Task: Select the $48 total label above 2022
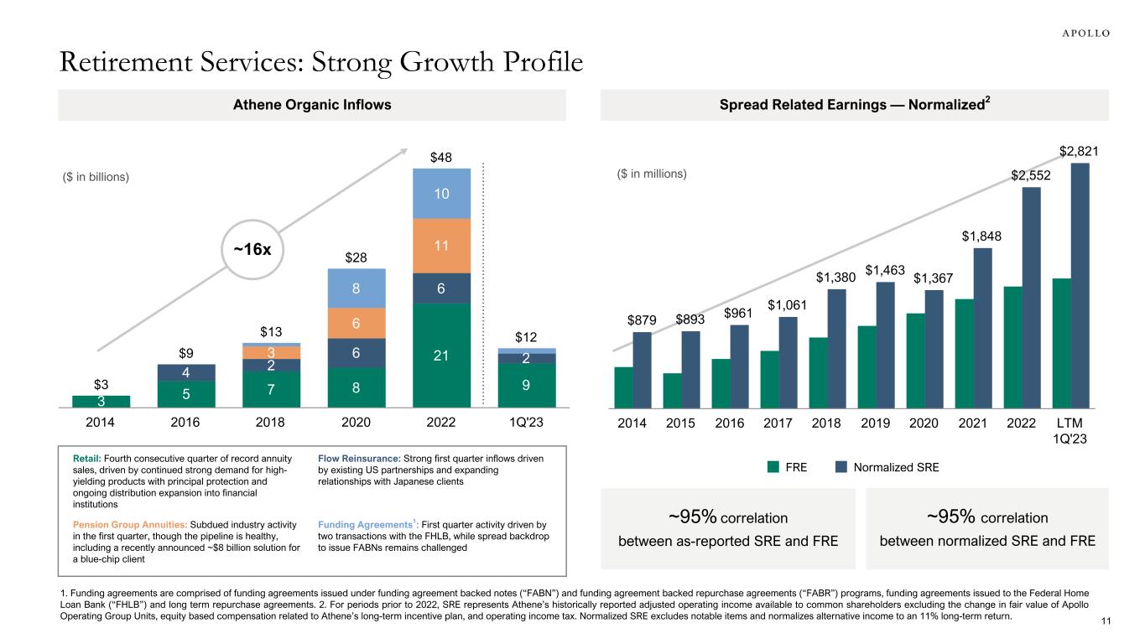tap(440, 158)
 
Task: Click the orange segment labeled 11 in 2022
tap(440, 246)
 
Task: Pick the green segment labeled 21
tap(440, 355)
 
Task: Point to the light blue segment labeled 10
tap(440, 194)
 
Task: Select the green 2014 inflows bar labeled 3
tap(101, 401)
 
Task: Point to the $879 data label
tap(642, 320)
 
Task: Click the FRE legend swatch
tap(774, 468)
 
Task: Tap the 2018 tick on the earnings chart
tap(827, 422)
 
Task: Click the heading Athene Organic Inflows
tap(311, 105)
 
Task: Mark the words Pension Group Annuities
tap(132, 524)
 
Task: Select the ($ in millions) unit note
tap(646, 174)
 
